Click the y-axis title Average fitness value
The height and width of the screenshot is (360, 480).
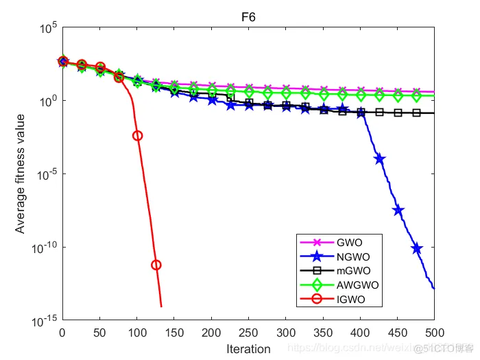click(21, 174)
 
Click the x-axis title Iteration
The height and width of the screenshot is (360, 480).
click(248, 349)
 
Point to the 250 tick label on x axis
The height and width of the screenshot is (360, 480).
click(248, 333)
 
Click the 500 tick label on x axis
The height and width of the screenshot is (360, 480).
click(434, 333)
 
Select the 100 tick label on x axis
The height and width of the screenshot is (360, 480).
click(136, 333)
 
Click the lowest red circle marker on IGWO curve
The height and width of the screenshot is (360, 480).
click(156, 265)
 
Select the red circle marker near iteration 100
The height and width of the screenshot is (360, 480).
click(137, 136)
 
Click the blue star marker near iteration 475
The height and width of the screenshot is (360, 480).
click(416, 248)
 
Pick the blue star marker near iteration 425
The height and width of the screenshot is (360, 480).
click(379, 158)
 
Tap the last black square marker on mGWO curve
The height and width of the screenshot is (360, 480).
click(416, 112)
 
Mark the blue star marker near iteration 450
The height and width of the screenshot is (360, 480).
click(398, 211)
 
